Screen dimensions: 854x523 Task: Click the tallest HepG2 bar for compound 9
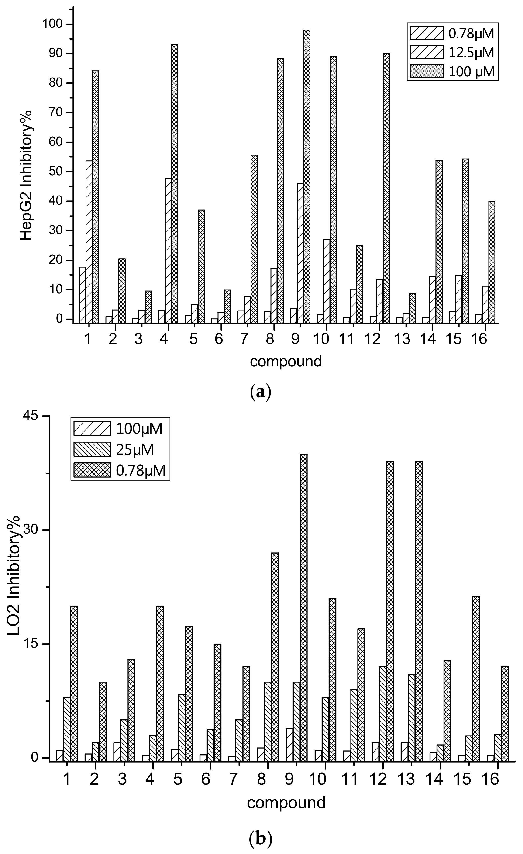306,176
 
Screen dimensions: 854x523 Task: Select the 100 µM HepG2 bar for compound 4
175,184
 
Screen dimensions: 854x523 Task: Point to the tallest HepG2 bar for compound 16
491,262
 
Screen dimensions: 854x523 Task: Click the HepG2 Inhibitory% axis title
26,175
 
